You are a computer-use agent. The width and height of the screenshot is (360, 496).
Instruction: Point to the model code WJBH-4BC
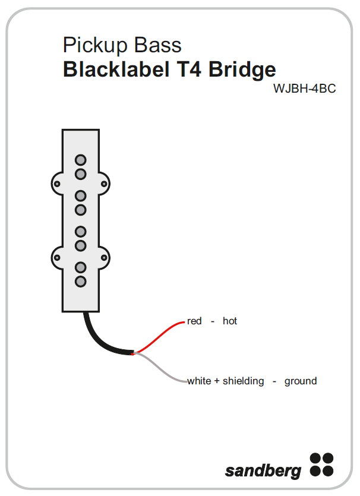304,89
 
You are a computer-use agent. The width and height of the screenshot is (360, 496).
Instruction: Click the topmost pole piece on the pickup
80,160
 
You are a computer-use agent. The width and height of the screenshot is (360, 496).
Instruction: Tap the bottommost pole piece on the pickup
80,282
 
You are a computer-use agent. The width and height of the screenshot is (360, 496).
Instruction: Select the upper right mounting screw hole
105,184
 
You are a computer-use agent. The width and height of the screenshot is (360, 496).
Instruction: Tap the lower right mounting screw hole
105,258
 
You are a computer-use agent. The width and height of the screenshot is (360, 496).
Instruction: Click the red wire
160,336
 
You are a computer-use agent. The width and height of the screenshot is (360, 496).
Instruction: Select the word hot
230,321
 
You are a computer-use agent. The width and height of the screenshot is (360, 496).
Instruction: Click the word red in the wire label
194,321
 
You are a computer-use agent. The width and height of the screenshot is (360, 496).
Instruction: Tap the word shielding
243,381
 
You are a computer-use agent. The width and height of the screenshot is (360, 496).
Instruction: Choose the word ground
301,381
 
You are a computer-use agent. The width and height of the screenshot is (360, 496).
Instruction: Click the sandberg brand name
263,471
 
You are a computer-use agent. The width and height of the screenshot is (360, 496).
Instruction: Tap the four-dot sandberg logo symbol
321,465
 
